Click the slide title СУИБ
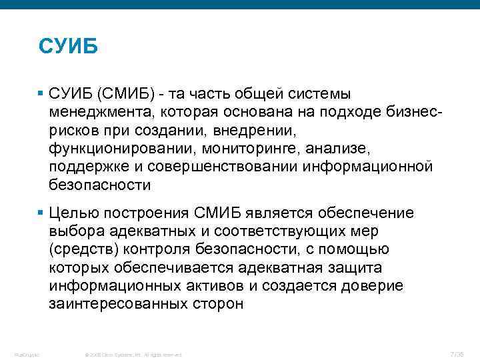tap(69, 47)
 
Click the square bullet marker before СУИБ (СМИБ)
tap(41, 93)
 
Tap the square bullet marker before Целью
tap(41, 213)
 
